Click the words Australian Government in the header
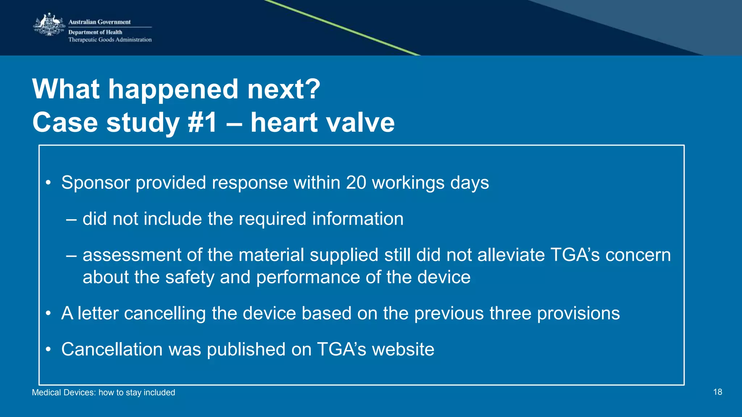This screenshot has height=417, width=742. [x=99, y=22]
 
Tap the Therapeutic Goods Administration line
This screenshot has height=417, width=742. [x=110, y=40]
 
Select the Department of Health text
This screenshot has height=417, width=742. [x=95, y=32]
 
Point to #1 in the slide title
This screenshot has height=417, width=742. [x=203, y=123]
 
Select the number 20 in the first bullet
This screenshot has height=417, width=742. [x=356, y=183]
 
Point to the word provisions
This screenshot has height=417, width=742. [x=578, y=314]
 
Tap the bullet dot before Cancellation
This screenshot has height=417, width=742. [x=48, y=350]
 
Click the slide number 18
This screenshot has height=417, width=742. [x=717, y=392]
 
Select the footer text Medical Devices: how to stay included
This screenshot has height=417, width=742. [x=103, y=392]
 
